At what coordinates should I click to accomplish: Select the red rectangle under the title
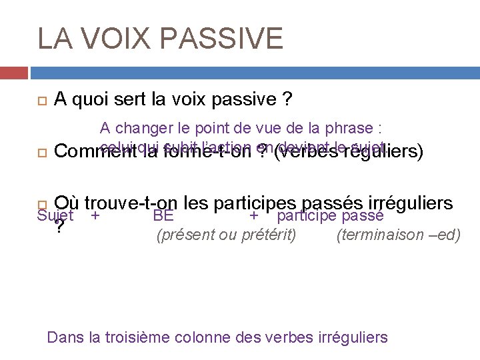tap(13, 73)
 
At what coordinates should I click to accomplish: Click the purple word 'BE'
tap(163, 215)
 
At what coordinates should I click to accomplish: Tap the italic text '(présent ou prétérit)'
tap(226, 235)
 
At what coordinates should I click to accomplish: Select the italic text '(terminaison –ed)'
tap(399, 235)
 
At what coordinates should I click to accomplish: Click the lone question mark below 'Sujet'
tap(60, 227)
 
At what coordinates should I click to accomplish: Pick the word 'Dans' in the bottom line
tap(63, 337)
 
